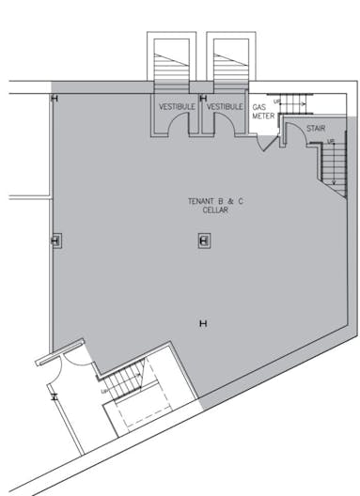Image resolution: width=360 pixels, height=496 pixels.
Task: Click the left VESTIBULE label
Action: point(177,107)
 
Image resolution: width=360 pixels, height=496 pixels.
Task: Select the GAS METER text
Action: point(261,112)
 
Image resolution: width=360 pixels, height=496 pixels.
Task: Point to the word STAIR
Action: point(316,128)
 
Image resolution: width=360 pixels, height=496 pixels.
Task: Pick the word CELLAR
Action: point(215,210)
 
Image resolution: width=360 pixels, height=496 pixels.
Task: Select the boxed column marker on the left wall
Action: point(55,241)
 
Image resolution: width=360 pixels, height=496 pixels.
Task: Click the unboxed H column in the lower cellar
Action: point(203,324)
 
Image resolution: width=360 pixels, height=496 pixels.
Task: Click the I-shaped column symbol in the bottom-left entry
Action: point(55,396)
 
